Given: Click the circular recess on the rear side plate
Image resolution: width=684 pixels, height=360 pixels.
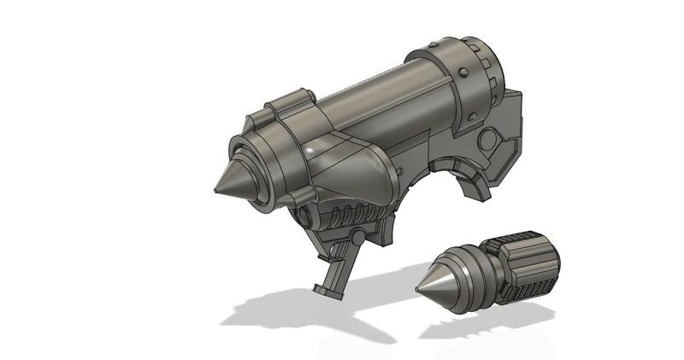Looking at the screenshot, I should [494, 141].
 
